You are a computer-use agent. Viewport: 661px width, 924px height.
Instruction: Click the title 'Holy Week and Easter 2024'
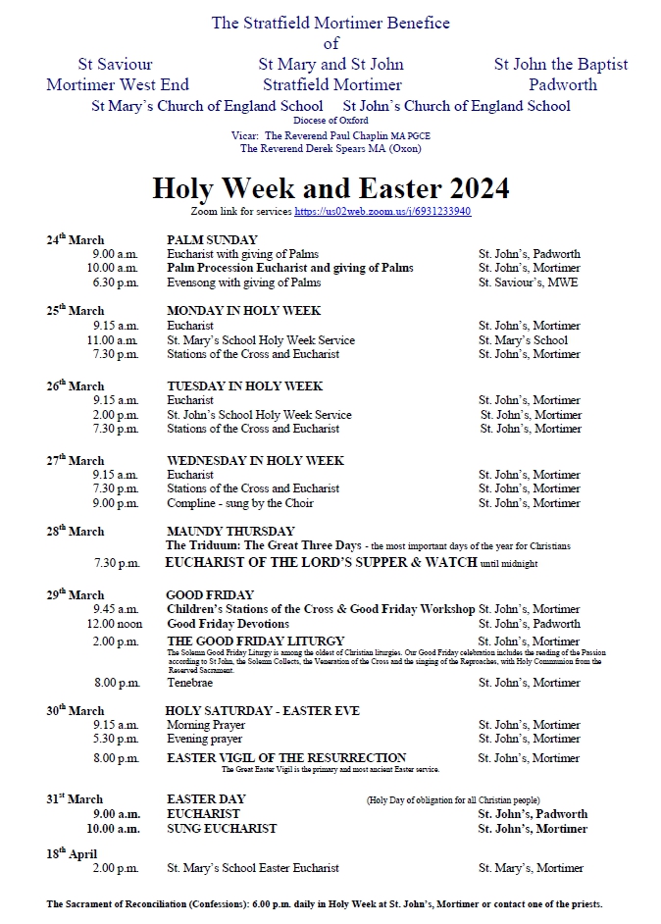(x=330, y=188)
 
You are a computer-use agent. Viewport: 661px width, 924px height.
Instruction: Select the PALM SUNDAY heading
(x=212, y=239)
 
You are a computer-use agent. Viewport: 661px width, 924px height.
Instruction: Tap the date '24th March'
(x=75, y=239)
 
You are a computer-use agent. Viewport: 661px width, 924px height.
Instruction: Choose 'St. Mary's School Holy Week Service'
(x=261, y=340)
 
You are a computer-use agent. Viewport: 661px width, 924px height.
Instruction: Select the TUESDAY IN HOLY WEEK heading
(x=244, y=385)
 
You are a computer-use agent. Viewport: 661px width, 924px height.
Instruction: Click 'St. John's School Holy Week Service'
(x=259, y=415)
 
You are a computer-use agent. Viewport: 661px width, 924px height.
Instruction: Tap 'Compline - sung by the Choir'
(x=240, y=503)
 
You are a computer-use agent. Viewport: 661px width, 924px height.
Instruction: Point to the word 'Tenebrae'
(x=189, y=683)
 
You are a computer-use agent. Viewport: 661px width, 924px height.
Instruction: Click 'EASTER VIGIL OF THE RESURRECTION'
(x=286, y=758)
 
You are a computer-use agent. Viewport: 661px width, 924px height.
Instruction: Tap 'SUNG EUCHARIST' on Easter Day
(x=222, y=829)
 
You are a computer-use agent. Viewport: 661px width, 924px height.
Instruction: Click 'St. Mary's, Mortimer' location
(x=531, y=868)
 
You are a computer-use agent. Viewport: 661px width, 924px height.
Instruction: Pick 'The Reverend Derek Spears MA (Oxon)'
(x=330, y=149)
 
